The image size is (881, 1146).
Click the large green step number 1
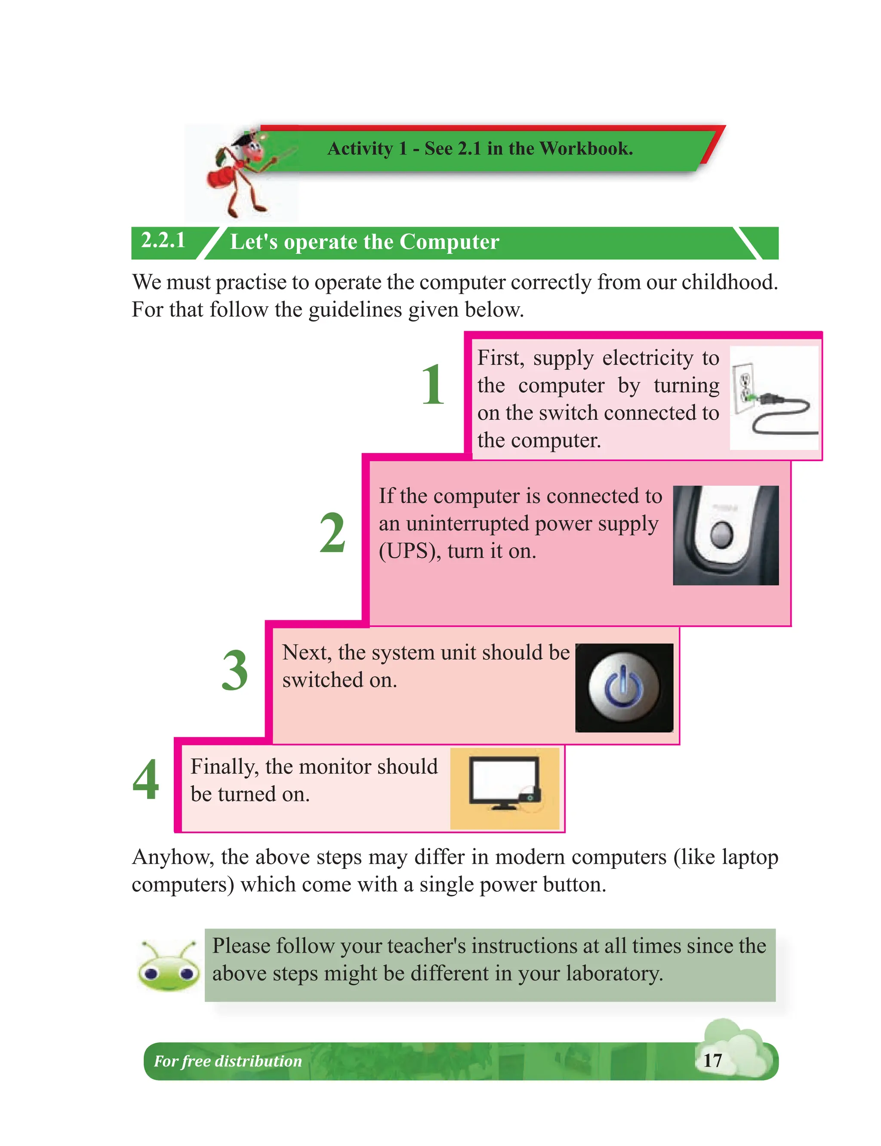coord(433,385)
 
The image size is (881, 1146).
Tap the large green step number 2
coord(333,533)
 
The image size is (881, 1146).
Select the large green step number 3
coord(234,670)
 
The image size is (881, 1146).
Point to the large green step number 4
coord(146,780)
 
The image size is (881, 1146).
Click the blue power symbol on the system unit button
coord(623,687)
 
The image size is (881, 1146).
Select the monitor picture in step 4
coord(505,785)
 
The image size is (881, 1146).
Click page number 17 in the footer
coord(712,1060)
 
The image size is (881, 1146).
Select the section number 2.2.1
coord(163,241)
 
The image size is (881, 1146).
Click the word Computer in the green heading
coord(449,242)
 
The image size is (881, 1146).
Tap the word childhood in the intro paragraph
coord(729,282)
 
